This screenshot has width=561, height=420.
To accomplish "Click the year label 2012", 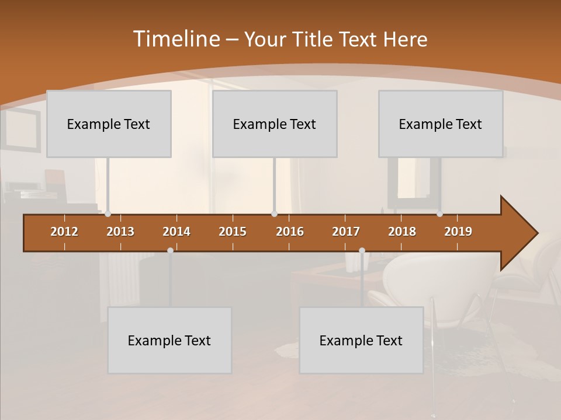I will [x=64, y=232].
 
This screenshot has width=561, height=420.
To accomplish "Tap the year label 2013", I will [x=120, y=232].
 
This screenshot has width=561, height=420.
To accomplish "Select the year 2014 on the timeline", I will [x=176, y=232].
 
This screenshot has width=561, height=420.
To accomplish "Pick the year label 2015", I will [x=233, y=232].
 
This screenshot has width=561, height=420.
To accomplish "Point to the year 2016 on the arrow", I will [x=290, y=232].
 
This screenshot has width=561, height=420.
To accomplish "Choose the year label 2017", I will [x=346, y=232].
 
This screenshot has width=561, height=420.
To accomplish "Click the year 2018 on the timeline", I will [x=402, y=232].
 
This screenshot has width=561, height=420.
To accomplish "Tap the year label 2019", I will [x=458, y=232].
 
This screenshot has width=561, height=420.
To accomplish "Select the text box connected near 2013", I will [x=109, y=124].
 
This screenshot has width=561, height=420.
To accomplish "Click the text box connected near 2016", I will [x=275, y=124].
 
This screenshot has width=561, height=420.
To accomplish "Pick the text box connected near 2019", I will [x=441, y=124].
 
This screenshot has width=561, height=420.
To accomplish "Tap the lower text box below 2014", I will [x=169, y=340].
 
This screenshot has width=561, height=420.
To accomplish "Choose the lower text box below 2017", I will [x=361, y=340].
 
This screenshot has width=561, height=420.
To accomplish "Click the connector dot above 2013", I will [x=108, y=214].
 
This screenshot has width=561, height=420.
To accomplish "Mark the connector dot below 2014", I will [x=170, y=250].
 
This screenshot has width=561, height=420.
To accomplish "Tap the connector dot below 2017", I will [x=362, y=250].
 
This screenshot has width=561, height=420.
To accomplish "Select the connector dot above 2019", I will [x=439, y=214].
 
